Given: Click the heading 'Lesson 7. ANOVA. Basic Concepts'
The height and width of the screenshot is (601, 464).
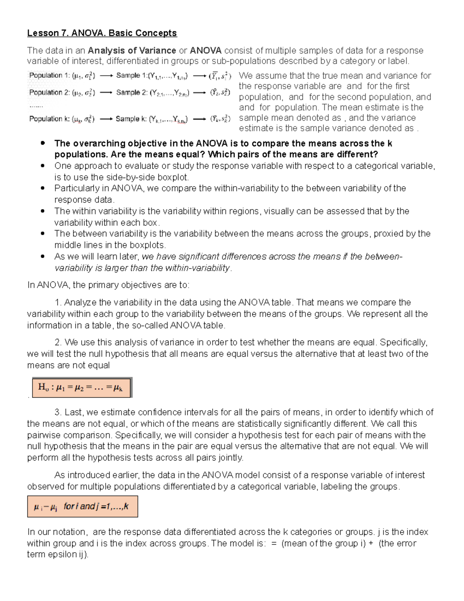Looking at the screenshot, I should [102, 33].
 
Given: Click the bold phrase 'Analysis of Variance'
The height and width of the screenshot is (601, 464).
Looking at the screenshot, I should [132, 51].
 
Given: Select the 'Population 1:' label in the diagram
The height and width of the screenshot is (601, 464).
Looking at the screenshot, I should [46, 75].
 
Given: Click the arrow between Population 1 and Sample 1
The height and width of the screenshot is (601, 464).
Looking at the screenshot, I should [106, 76].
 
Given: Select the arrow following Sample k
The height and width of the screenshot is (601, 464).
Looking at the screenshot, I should [200, 119].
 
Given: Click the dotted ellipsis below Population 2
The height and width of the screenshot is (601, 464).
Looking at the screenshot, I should [36, 106].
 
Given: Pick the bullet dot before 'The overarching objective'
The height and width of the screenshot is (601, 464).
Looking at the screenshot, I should [43, 143].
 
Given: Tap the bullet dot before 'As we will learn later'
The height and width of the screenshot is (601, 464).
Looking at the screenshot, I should [43, 256].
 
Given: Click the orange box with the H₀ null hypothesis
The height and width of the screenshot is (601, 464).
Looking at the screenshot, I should [82, 387].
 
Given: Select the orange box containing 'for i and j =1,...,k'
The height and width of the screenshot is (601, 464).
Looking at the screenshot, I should [82, 507].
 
